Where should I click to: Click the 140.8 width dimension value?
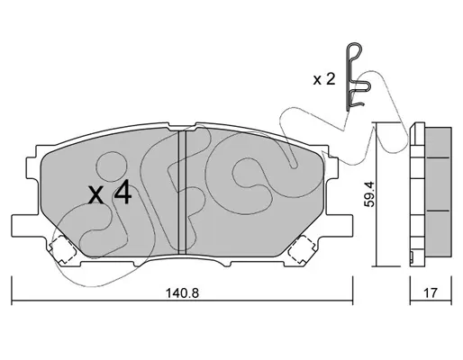pyautogui.click(x=182, y=292)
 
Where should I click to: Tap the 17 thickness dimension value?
pyautogui.click(x=431, y=292)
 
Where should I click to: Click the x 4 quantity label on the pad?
pyautogui.click(x=110, y=192)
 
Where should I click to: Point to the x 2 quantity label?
pyautogui.click(x=324, y=79)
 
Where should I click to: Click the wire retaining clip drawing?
pyautogui.click(x=358, y=77)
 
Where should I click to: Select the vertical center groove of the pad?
pyautogui.click(x=182, y=192)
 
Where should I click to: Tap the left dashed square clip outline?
pyautogui.click(x=63, y=248)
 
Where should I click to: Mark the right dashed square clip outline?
pyautogui.click(x=301, y=248)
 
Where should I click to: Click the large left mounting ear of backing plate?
pyautogui.click(x=25, y=226)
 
